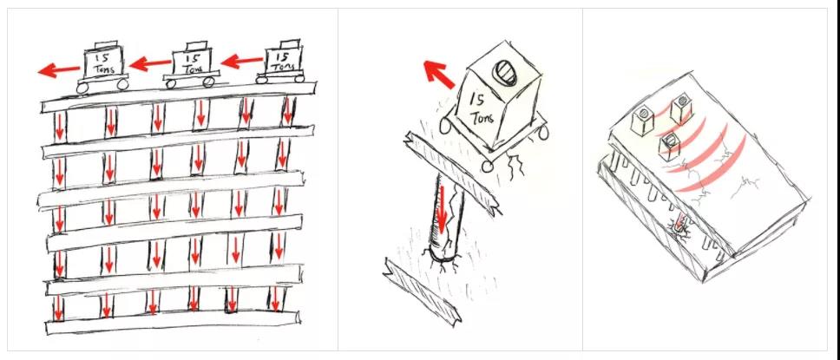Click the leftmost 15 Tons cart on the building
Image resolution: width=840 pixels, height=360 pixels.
tap(103, 67)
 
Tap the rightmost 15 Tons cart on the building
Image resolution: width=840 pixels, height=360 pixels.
tap(281, 62)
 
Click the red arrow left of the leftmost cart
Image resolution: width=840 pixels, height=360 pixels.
tap(58, 69)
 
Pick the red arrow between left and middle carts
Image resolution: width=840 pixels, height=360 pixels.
tap(150, 64)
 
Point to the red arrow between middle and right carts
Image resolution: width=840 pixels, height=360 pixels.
tap(241, 61)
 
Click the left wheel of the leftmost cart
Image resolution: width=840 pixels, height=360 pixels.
tap(82, 88)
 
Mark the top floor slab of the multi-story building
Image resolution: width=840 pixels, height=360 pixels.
tap(179, 96)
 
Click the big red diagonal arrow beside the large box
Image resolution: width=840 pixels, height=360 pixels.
tap(439, 75)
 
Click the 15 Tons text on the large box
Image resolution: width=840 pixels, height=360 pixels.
tap(482, 108)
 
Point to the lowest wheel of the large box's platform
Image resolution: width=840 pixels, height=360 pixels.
tap(487, 167)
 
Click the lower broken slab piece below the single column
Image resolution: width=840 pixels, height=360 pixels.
tap(422, 291)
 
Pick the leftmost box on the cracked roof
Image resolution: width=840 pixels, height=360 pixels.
tap(642, 121)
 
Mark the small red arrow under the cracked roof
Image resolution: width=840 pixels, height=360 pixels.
tap(679, 222)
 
